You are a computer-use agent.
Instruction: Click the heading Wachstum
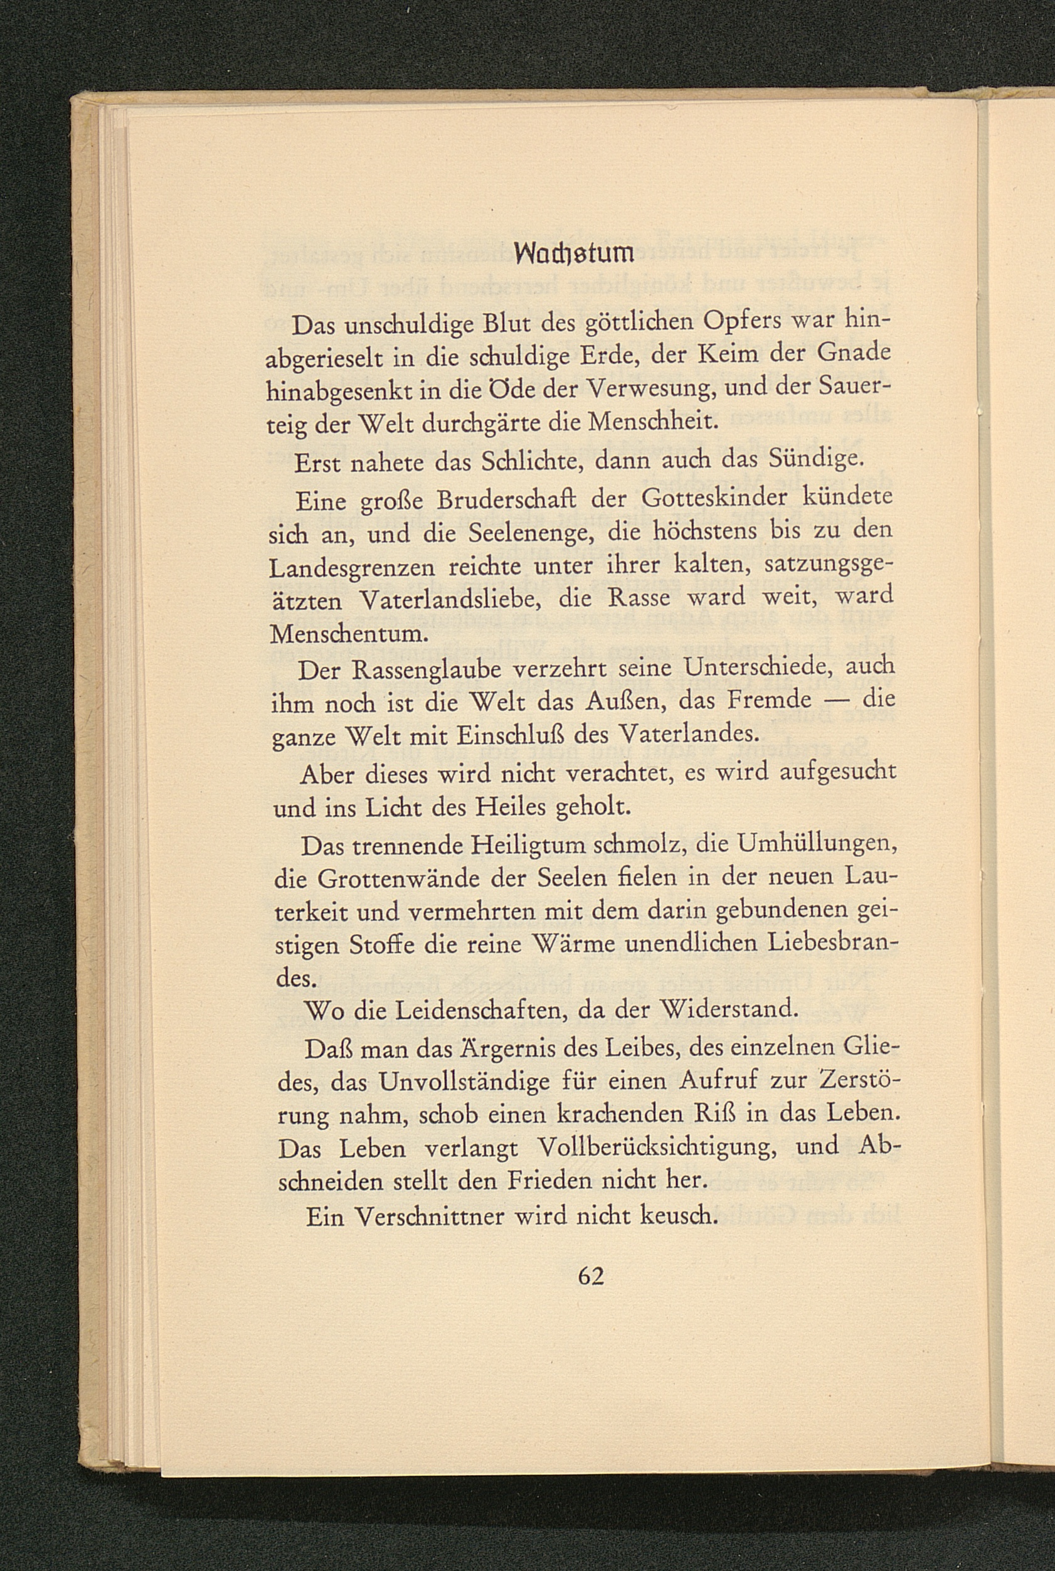[x=575, y=253]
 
